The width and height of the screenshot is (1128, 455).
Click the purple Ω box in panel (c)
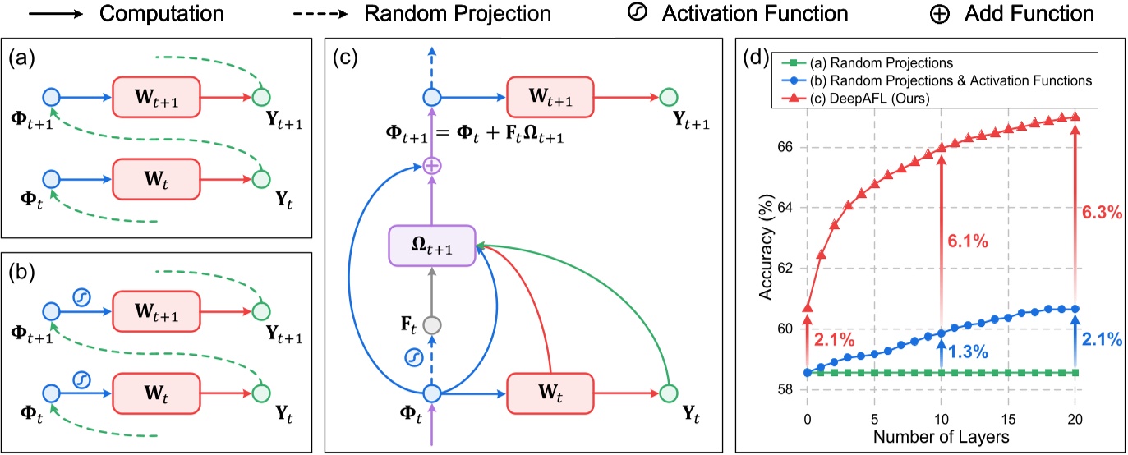coord(432,246)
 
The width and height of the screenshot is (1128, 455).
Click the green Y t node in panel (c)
coord(669,393)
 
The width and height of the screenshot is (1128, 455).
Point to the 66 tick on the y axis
coord(783,147)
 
